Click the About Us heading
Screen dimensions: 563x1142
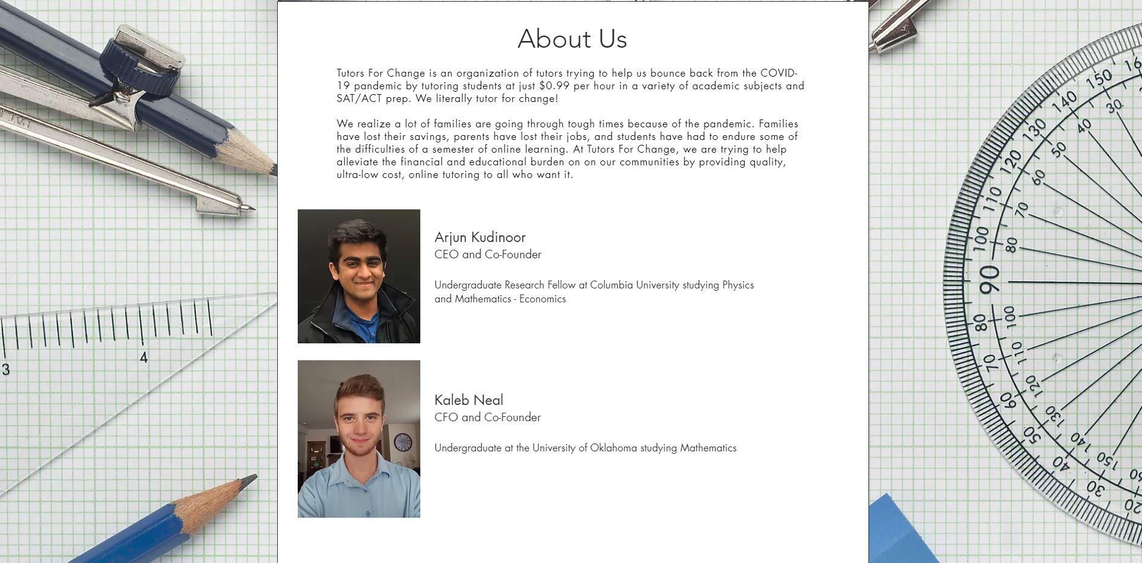click(x=572, y=39)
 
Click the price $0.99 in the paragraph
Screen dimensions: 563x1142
click(x=554, y=86)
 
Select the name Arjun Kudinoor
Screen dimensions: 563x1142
click(x=480, y=237)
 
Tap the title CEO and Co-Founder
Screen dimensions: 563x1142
click(x=487, y=255)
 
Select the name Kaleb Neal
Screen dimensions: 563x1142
click(x=469, y=400)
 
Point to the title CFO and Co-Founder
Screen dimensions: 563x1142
click(x=487, y=418)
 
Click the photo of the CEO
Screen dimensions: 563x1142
click(x=359, y=276)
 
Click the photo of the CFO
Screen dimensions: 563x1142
click(x=359, y=439)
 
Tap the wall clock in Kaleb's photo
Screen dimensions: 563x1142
click(x=403, y=442)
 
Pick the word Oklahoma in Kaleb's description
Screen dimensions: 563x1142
click(x=613, y=448)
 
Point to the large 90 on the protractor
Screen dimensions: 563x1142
click(x=989, y=281)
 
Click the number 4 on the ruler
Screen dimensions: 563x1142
click(x=143, y=358)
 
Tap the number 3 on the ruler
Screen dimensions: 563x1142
click(x=5, y=369)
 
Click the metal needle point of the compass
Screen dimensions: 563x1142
click(x=249, y=209)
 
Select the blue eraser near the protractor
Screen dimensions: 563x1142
click(x=900, y=531)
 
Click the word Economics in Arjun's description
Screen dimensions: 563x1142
click(x=542, y=299)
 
